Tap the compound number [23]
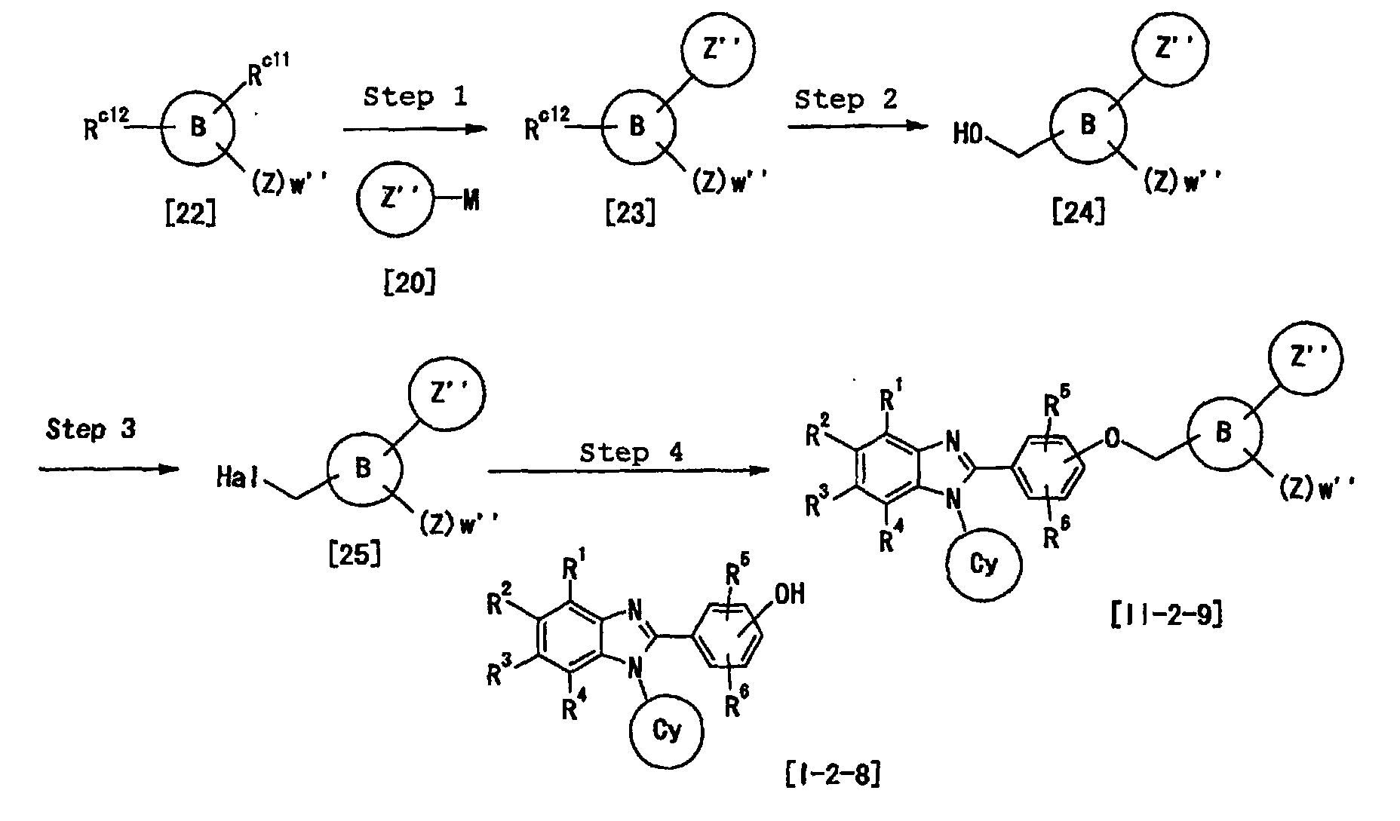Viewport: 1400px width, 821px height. tap(630, 213)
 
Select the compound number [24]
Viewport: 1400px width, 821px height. tap(1079, 213)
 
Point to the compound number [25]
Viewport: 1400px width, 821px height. tap(355, 556)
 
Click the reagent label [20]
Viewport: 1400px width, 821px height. tap(410, 283)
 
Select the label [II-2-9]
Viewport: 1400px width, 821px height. tap(1166, 615)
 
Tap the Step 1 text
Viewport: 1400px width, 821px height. tap(415, 96)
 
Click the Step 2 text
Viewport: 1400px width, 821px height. tap(846, 100)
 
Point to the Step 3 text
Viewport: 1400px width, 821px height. tap(91, 430)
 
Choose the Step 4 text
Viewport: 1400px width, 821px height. tap(631, 452)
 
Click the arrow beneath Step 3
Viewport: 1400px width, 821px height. tap(109, 469)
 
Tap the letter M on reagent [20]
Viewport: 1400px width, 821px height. tap(471, 201)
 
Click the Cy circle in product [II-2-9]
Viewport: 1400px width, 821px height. tap(984, 565)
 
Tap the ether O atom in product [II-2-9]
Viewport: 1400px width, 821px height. tap(1113, 440)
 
